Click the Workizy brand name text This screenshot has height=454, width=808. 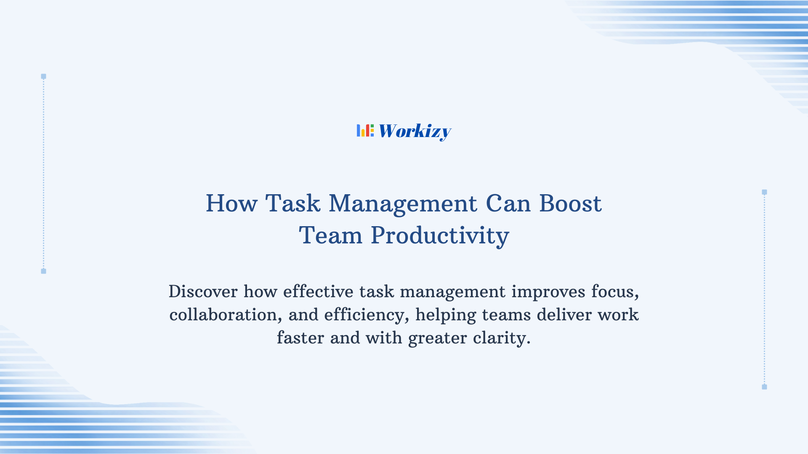(x=415, y=131)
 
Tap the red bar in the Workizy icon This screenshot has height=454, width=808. (x=367, y=131)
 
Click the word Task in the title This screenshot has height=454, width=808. (x=292, y=203)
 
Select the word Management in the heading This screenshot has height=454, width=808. (x=403, y=203)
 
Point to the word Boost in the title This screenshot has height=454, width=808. (x=570, y=203)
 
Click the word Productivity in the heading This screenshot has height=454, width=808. (x=440, y=235)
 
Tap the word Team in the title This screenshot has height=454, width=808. (x=330, y=235)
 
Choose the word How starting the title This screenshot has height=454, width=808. (x=231, y=203)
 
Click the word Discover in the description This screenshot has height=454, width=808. (x=203, y=291)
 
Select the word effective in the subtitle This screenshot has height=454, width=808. (x=318, y=291)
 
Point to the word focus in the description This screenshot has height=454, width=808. (x=615, y=291)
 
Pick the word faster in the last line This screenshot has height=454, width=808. (x=300, y=338)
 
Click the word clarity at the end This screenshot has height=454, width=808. (x=501, y=338)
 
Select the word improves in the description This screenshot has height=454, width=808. (x=548, y=291)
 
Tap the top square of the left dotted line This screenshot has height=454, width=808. (x=43, y=77)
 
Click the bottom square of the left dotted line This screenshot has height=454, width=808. (x=43, y=271)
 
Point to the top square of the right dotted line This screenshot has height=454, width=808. (x=764, y=192)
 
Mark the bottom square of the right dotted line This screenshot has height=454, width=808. (x=764, y=387)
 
